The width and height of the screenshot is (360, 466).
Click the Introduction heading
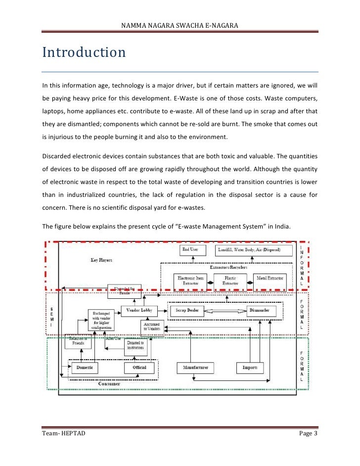coord(84,52)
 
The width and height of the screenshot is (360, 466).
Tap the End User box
coord(190,250)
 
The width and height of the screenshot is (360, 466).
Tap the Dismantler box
coord(259,311)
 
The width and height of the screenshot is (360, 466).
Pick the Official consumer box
coord(139,368)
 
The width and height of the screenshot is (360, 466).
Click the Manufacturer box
coord(195,368)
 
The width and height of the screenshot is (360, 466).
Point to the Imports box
coord(250,368)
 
